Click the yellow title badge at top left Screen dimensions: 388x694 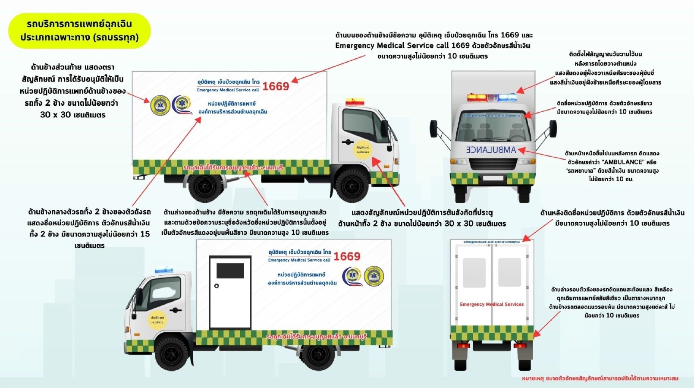(x=79, y=31)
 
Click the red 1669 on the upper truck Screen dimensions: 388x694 (x=276, y=86)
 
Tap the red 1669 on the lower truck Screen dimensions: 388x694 (x=347, y=256)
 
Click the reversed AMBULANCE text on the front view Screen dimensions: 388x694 (x=491, y=150)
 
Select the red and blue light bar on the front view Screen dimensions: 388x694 (x=492, y=98)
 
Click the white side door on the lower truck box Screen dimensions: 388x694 (x=230, y=292)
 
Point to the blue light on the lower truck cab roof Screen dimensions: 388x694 (x=164, y=270)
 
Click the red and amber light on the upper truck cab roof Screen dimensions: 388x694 (x=355, y=102)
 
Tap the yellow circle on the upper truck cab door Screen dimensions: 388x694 (x=362, y=149)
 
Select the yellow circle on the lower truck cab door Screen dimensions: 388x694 (x=157, y=319)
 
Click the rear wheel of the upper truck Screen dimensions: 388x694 (x=206, y=186)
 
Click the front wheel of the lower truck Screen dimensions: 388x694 (x=171, y=353)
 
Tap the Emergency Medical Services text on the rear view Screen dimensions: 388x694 (x=492, y=304)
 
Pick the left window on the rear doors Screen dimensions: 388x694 (x=474, y=272)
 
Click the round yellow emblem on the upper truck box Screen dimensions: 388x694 (x=160, y=105)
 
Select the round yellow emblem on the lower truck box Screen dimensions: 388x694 (x=374, y=276)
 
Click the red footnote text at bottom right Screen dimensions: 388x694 (x=600, y=379)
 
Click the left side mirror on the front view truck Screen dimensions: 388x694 (x=434, y=129)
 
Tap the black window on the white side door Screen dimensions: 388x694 (x=230, y=271)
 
